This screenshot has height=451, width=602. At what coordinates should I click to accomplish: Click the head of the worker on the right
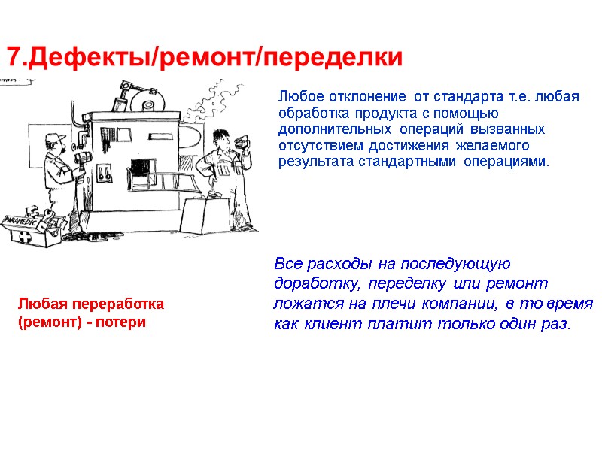[x=220, y=140]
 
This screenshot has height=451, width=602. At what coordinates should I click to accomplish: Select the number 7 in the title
[x=14, y=57]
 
